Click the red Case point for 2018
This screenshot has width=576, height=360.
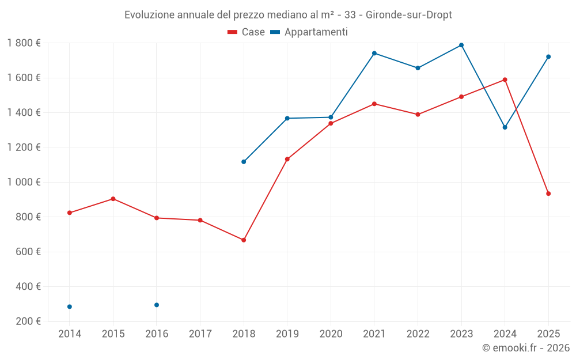click(244, 240)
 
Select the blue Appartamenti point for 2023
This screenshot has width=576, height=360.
click(461, 45)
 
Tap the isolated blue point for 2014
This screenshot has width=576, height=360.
click(70, 307)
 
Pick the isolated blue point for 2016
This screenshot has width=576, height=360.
click(157, 305)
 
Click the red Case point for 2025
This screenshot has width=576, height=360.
click(548, 194)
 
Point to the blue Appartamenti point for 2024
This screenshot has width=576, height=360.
click(505, 127)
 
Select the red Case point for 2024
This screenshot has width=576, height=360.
click(505, 79)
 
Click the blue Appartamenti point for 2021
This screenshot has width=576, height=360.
click(374, 53)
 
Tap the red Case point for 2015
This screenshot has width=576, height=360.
click(113, 199)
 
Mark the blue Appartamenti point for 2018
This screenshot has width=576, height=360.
click(244, 162)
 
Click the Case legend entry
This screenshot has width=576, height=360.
click(247, 32)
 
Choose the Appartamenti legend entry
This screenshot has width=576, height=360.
click(309, 32)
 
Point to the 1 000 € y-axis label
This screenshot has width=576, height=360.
click(24, 182)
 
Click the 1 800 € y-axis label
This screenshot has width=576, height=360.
click(24, 43)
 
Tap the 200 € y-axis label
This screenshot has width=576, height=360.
click(27, 321)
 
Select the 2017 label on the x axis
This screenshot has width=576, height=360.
click(200, 334)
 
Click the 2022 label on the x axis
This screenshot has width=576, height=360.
click(418, 334)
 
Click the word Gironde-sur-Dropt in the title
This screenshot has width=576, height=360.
click(409, 14)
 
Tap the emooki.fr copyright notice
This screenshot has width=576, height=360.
click(525, 348)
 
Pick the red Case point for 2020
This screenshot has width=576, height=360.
click(331, 123)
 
